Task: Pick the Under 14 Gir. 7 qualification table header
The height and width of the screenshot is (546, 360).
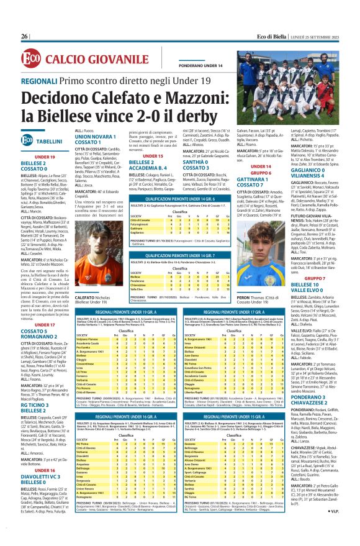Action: point(180,237)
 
